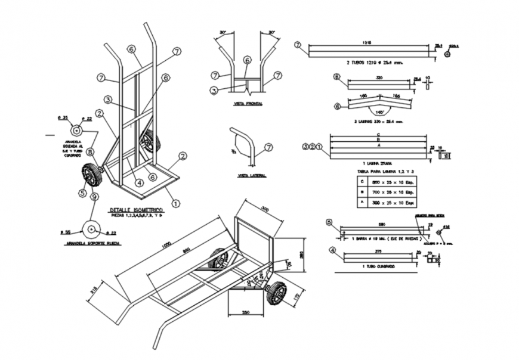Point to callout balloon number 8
pyautogui.click(x=90, y=152)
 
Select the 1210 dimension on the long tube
pyautogui.click(x=367, y=43)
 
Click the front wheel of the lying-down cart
pyautogui.click(x=277, y=294)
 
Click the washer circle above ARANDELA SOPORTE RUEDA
pyautogui.click(x=91, y=228)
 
